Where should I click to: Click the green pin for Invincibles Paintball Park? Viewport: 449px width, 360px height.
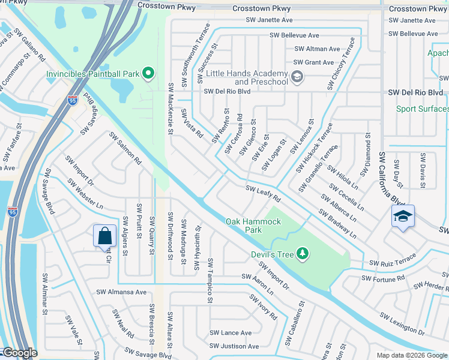149,74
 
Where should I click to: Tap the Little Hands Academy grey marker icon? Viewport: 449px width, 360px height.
297,76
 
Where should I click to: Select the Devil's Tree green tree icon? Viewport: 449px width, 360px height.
303,254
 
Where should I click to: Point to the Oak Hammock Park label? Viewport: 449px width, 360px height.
253,226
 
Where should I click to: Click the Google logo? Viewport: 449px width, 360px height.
19,353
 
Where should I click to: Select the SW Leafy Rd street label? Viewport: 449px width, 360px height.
263,193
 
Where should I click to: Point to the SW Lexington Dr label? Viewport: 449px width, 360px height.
402,323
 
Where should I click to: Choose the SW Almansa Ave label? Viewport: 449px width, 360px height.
121,292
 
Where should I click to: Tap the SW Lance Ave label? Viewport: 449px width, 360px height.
231,333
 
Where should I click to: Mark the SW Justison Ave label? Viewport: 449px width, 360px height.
234,346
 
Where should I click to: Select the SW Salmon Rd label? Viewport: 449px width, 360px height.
125,149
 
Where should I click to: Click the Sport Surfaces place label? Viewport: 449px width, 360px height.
422,109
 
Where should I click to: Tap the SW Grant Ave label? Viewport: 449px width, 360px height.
313,62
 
